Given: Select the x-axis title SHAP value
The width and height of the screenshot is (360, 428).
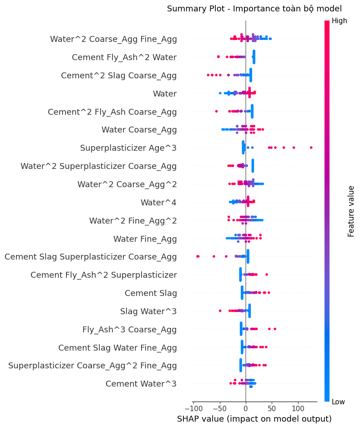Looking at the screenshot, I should click(x=254, y=418).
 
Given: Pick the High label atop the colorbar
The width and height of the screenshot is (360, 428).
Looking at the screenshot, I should click(x=340, y=20).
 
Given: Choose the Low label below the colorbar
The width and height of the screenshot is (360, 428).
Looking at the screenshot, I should click(x=339, y=402).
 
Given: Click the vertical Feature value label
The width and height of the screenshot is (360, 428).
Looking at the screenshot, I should click(x=351, y=211).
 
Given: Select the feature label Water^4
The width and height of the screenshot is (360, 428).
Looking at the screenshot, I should click(x=158, y=202).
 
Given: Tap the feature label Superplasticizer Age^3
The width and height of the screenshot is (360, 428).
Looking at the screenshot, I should click(x=128, y=148).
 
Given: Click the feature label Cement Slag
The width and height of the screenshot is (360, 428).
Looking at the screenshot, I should click(x=151, y=293).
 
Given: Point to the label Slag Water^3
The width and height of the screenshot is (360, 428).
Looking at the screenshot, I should click(x=148, y=311).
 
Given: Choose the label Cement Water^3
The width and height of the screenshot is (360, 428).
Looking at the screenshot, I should click(x=141, y=384).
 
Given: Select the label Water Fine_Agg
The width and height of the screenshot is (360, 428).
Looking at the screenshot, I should click(x=145, y=239).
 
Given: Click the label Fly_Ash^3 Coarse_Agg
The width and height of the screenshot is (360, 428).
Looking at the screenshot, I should click(x=129, y=329).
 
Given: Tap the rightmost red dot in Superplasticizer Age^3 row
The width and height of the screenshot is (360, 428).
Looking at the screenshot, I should click(x=311, y=148).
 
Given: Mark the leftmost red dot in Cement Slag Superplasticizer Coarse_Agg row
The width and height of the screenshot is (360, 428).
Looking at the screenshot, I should click(x=197, y=256).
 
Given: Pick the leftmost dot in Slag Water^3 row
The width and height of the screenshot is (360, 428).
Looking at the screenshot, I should click(x=220, y=311).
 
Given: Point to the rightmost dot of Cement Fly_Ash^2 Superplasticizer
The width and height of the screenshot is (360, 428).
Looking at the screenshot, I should click(x=267, y=275).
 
